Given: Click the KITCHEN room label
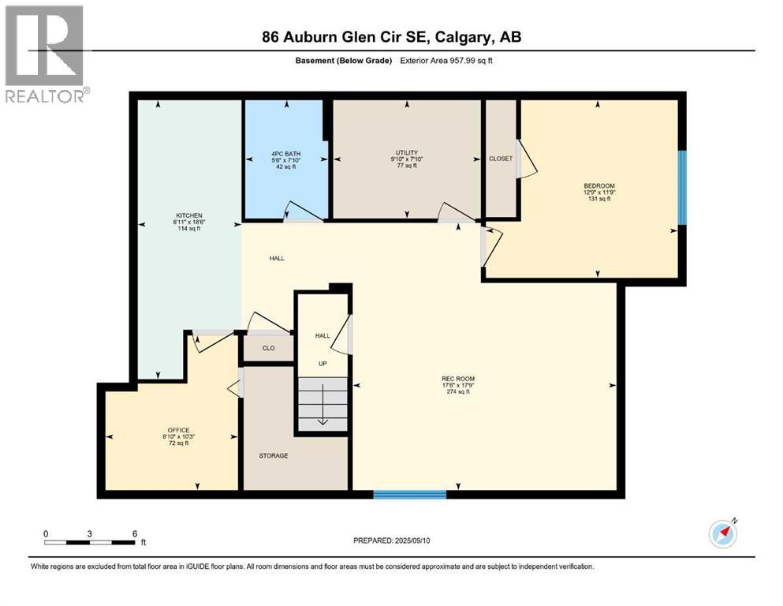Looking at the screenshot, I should point(189,215).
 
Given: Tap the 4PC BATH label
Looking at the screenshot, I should point(285,154).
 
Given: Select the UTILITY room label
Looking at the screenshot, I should point(407,152).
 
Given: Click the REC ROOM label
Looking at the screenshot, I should point(458,379).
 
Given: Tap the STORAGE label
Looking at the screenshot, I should point(274,456).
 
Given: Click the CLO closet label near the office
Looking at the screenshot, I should point(268,348).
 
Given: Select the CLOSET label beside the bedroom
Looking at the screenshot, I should point(501,159).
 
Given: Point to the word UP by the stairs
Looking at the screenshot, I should point(322,364).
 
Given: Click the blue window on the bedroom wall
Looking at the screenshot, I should point(683,186).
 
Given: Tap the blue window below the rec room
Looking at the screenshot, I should point(410,495).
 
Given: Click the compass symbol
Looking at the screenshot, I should point(722,533).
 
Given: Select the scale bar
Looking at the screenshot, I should point(91,542).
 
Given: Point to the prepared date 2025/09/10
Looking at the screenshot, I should point(392,541).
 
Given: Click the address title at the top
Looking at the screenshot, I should point(392,36).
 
